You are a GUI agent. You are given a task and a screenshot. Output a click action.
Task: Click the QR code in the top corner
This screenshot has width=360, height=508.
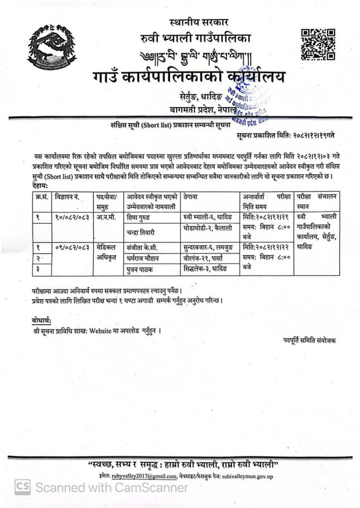(318, 44)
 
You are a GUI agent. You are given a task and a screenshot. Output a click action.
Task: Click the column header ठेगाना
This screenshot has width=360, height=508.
(193, 197)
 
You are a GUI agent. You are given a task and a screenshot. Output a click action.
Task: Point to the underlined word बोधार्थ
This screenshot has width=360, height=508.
(42, 319)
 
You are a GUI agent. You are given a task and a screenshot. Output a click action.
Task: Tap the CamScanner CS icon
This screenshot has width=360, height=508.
(22, 487)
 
